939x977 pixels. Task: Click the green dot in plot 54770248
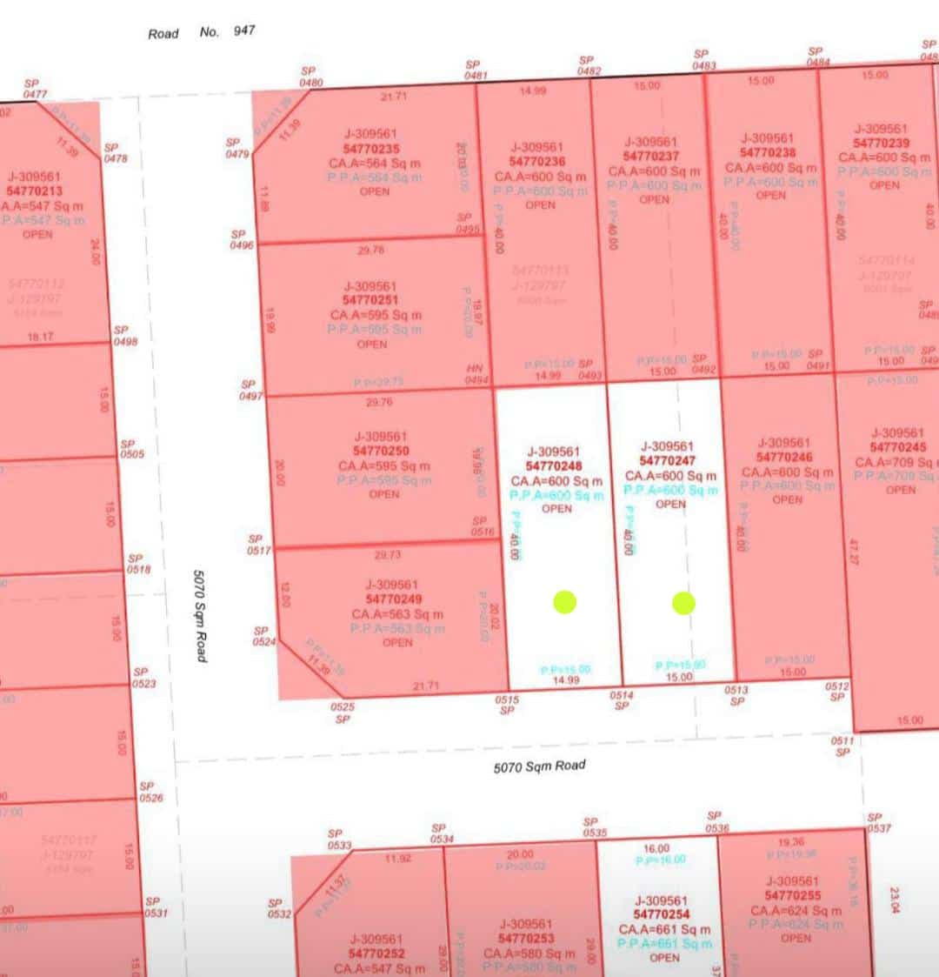pyautogui.click(x=564, y=601)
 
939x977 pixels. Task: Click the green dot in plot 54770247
pyautogui.click(x=683, y=603)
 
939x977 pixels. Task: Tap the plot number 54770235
pyautogui.click(x=370, y=149)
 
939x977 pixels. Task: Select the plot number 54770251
pyautogui.click(x=370, y=300)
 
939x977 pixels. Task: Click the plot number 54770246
pyautogui.click(x=784, y=458)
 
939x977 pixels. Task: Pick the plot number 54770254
pyautogui.click(x=662, y=914)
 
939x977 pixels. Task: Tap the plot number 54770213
pyautogui.click(x=35, y=191)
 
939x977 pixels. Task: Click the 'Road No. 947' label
pyautogui.click(x=202, y=32)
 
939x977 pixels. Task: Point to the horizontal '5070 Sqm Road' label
pyautogui.click(x=539, y=766)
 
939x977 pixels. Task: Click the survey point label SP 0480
pyautogui.click(x=310, y=77)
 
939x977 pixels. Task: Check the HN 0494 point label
pyautogui.click(x=476, y=374)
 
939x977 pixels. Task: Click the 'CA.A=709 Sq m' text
pyautogui.click(x=896, y=462)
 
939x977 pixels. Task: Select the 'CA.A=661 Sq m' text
pyautogui.click(x=664, y=929)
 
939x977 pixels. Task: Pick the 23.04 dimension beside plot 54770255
pyautogui.click(x=893, y=900)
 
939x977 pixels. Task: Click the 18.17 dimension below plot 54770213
pyautogui.click(x=40, y=337)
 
